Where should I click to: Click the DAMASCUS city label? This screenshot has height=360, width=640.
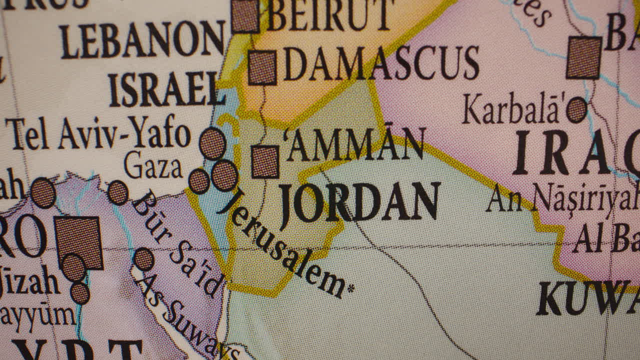tap(381, 63)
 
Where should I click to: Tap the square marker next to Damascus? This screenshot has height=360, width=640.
tap(262, 67)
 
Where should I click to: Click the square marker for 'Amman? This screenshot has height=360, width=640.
tap(265, 161)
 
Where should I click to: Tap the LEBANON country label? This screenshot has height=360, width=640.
tap(142, 39)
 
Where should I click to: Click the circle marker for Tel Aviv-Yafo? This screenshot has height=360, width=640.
tap(212, 144)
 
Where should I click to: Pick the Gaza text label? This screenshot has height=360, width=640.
tap(153, 165)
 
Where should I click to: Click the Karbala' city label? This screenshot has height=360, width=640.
tap(513, 108)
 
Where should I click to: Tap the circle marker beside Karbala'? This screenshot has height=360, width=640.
tap(576, 110)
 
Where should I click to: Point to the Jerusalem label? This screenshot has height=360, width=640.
tap(282, 243)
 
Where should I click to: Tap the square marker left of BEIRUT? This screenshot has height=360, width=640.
tap(245, 16)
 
